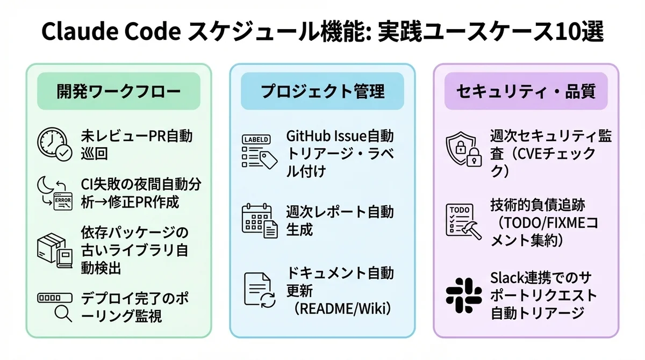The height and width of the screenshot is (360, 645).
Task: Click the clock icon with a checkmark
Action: (54, 144)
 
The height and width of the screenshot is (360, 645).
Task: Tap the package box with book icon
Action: (54, 250)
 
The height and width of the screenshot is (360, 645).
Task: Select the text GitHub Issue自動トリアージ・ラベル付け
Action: (340, 153)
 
